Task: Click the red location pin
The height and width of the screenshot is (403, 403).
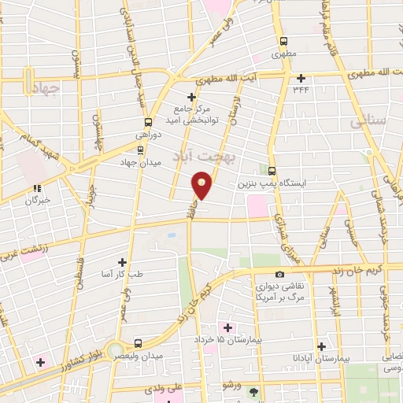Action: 202,185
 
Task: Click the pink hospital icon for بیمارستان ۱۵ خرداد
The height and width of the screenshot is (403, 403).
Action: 229,327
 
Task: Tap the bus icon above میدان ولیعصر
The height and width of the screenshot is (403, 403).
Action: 139,344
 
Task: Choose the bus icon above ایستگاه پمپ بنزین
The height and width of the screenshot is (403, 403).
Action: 272,170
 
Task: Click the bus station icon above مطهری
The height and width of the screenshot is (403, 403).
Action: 283,43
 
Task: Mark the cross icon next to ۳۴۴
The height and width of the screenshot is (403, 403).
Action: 301,78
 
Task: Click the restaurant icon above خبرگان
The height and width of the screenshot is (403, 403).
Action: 36,188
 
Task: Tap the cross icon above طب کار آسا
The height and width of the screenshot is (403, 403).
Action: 122,261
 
